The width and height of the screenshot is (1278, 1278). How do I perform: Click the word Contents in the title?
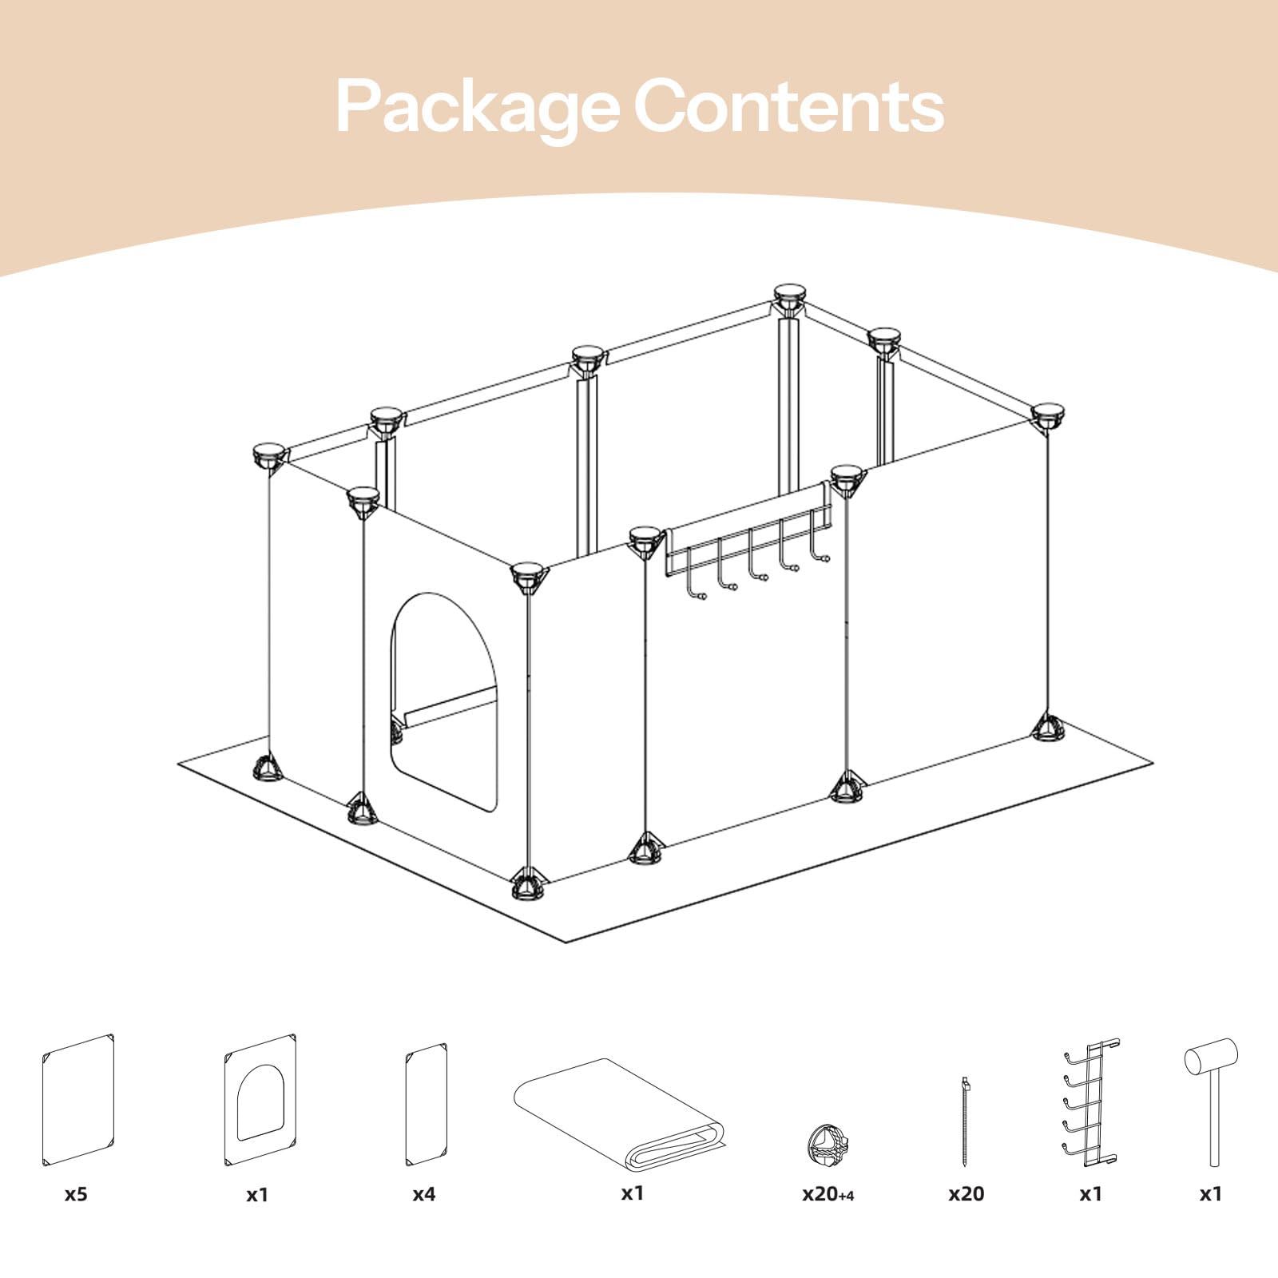click(789, 106)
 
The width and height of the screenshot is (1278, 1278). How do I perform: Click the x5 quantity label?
click(76, 1194)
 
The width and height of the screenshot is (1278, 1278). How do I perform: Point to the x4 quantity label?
click(424, 1194)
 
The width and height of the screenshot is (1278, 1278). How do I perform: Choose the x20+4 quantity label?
click(828, 1194)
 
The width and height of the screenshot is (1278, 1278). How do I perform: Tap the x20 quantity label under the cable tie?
click(966, 1194)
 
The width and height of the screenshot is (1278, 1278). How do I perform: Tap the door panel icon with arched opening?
click(260, 1101)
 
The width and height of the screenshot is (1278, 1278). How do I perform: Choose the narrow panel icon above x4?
click(426, 1104)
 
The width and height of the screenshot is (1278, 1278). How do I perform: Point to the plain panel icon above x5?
click(77, 1101)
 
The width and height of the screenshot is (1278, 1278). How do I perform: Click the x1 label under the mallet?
click(1211, 1194)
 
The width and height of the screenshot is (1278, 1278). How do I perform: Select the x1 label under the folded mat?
click(632, 1193)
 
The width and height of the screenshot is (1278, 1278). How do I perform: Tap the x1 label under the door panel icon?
click(257, 1194)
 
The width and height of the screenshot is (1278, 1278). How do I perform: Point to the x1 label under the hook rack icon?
click(1091, 1194)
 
